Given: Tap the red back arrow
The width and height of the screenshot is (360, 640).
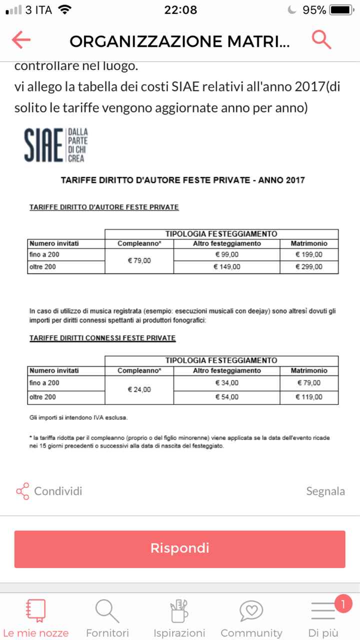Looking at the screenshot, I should pos(21,40).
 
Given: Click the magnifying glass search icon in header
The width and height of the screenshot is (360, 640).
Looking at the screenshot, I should pos(321,39).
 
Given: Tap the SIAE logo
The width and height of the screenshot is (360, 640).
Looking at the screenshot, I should pos(56,144).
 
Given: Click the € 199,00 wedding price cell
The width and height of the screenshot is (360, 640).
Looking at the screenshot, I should pos(309,255).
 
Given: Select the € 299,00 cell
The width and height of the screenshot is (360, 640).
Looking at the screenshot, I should pos(309,267).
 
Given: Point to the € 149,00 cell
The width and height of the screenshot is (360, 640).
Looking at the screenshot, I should pos(227,267).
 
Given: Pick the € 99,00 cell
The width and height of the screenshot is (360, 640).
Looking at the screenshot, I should pos(227,255).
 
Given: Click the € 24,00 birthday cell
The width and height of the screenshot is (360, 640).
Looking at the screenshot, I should pos(139,389).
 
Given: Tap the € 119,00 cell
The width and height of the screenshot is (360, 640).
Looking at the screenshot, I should pos(309,397).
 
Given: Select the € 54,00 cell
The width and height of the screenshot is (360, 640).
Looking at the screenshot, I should pos(227,397).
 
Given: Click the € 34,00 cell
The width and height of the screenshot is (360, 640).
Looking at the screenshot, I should pos(227,383).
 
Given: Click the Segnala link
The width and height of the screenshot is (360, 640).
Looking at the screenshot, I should pos(325,491).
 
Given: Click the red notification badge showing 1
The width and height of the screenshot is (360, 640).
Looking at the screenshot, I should pos(342,604).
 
